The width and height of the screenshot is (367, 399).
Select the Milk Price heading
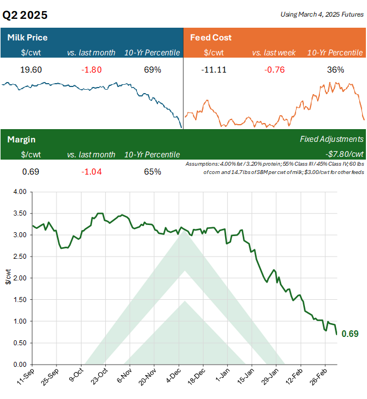(x=27, y=38)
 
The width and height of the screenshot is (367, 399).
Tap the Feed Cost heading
(x=211, y=38)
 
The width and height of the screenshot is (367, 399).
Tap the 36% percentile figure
(x=335, y=70)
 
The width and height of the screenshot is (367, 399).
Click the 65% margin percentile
(x=152, y=171)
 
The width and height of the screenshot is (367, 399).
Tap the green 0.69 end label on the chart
(x=350, y=334)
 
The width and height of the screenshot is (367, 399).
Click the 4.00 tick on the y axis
(x=19, y=192)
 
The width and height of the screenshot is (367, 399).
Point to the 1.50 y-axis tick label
(x=19, y=300)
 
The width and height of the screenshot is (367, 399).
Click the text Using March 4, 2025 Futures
(x=322, y=14)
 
